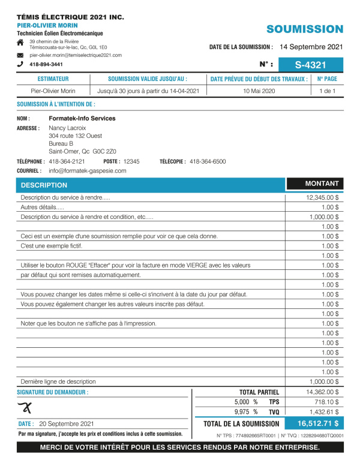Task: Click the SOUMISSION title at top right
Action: click(305, 29)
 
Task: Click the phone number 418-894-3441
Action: click(46, 64)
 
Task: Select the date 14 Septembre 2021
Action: click(311, 46)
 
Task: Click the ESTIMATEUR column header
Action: click(53, 79)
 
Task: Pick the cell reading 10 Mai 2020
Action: click(259, 91)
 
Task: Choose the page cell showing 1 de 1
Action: click(326, 91)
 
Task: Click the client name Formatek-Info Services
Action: click(82, 119)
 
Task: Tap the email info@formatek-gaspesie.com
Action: click(88, 171)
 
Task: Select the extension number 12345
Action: click(131, 162)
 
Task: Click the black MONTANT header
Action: click(322, 184)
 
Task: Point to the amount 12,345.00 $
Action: click(322, 197)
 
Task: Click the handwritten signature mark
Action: click(25, 408)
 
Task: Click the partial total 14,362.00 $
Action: click(322, 392)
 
